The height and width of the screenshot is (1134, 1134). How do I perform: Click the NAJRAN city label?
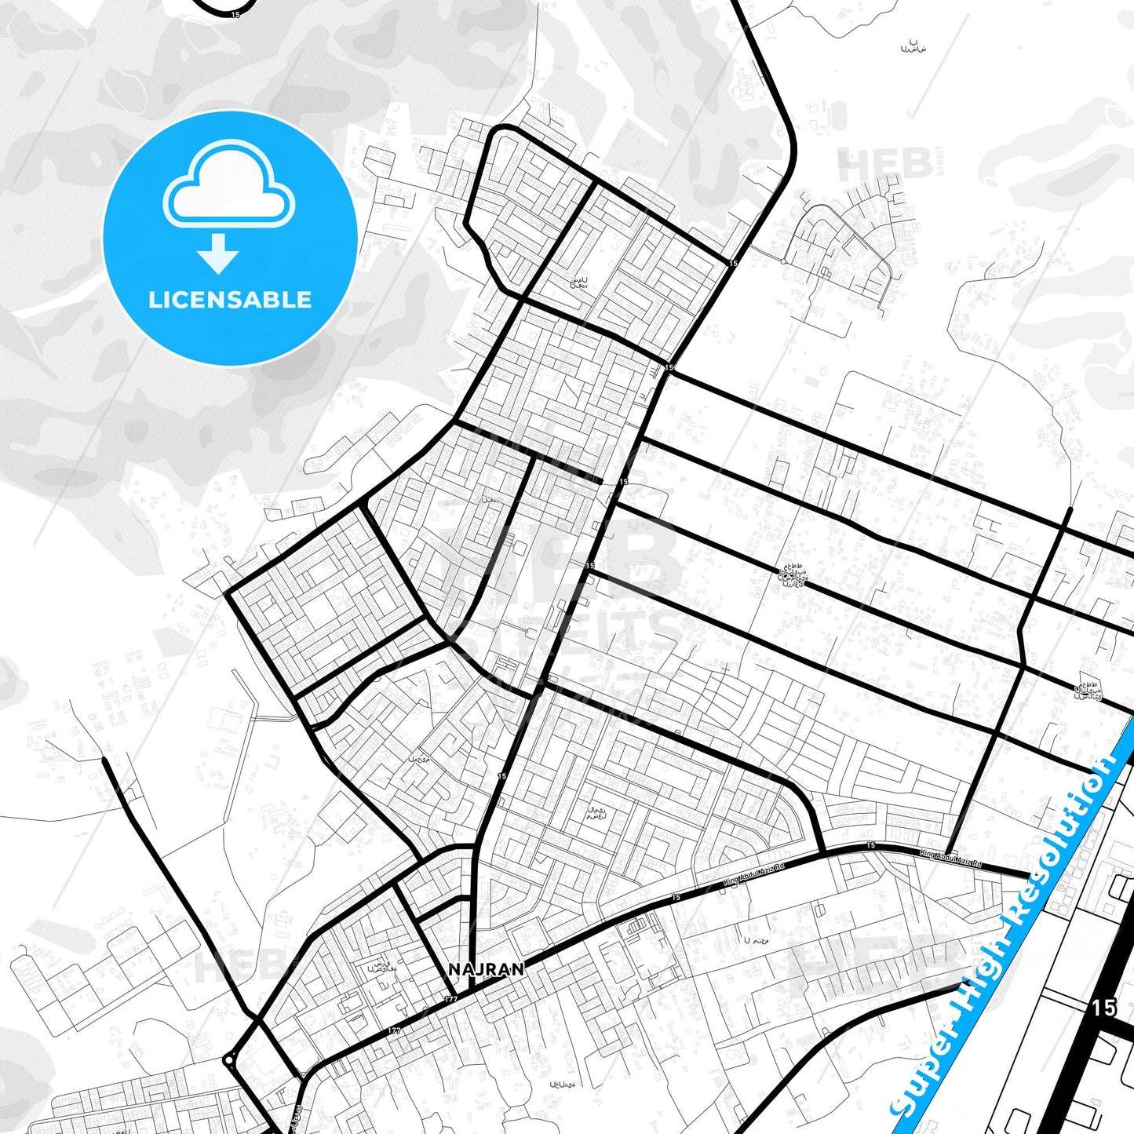[487, 969]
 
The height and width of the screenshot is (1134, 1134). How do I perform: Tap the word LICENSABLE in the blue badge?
[230, 300]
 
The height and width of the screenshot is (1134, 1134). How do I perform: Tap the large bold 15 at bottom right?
[1103, 1008]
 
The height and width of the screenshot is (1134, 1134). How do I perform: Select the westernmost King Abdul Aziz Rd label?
[754, 877]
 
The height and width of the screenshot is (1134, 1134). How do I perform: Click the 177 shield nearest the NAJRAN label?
[450, 999]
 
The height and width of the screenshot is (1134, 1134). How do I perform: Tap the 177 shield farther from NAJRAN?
[394, 1030]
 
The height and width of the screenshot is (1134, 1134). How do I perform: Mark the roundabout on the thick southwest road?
[228, 1060]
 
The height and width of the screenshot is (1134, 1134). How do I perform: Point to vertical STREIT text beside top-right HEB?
[939, 162]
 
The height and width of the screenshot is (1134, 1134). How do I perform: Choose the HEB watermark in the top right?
[884, 165]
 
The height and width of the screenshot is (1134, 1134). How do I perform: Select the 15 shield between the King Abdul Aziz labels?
[870, 845]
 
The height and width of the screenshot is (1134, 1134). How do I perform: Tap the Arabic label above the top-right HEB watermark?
[913, 46]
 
